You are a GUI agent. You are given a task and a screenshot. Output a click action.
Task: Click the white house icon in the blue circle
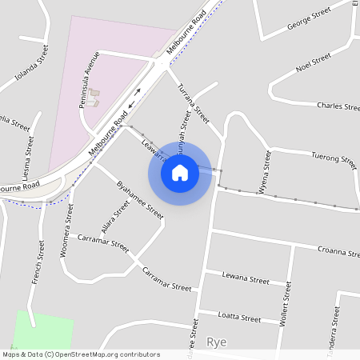tap(180, 172)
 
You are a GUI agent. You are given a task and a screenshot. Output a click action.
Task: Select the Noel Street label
tap(313, 62)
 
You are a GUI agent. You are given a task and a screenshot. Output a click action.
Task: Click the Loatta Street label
tap(240, 318)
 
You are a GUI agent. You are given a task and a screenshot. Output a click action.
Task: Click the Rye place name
tap(217, 342)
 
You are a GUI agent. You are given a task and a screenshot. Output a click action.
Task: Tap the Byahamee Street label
tap(139, 200)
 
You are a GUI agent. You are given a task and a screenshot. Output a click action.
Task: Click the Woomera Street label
tap(67, 232)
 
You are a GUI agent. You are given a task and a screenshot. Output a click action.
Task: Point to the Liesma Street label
tap(28, 156)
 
